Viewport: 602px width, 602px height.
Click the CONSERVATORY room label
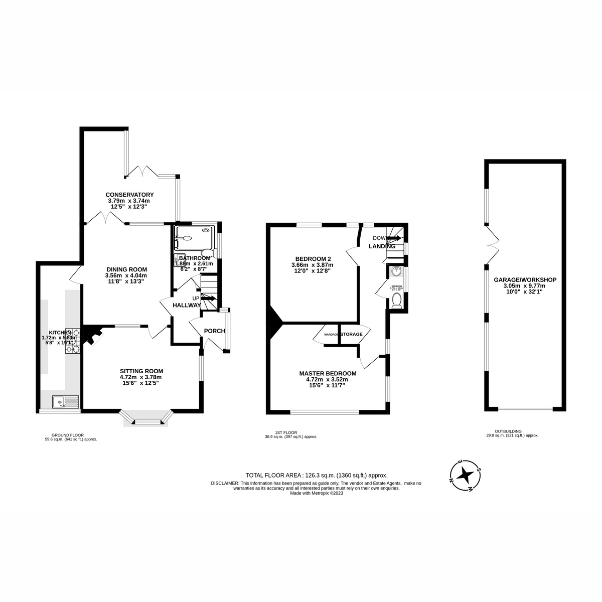(x=129, y=195)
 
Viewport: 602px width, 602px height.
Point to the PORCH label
(x=214, y=331)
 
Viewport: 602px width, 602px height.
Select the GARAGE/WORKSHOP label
(x=525, y=280)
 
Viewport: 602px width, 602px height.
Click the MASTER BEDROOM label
(x=328, y=373)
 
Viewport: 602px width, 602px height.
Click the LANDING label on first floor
(x=382, y=246)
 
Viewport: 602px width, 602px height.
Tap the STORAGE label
(x=352, y=334)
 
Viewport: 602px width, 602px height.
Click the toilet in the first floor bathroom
(x=396, y=301)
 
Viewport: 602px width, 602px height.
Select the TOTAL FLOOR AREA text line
(x=316, y=475)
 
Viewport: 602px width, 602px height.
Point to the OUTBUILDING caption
(x=508, y=431)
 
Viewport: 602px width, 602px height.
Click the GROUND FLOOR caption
(x=67, y=435)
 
